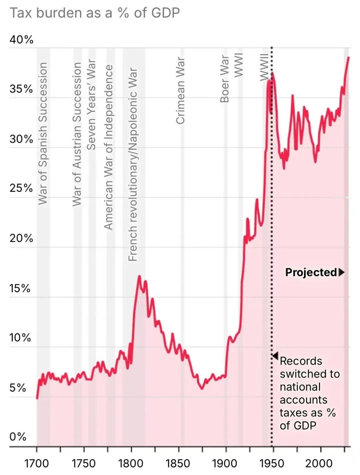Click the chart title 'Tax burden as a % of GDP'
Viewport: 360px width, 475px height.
[x=95, y=13]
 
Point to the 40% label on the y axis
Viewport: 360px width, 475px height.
[x=21, y=40]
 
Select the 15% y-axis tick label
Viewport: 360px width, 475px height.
[x=20, y=288]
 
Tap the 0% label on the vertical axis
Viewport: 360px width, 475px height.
[x=18, y=437]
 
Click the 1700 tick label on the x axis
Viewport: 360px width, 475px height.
[x=37, y=463]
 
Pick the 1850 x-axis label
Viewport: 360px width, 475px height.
[x=178, y=463]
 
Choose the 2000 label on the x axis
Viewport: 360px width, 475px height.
[x=320, y=463]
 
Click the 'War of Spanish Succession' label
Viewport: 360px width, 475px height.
[x=43, y=133]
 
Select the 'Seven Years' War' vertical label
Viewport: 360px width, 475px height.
[x=91, y=105]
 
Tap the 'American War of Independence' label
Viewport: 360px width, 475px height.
[x=109, y=147]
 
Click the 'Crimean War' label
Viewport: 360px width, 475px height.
[x=180, y=90]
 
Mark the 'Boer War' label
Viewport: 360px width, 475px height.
[x=225, y=79]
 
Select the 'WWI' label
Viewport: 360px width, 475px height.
[x=238, y=65]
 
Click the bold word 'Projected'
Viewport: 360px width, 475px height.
[x=311, y=272]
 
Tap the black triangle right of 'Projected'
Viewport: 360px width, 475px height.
[x=341, y=273]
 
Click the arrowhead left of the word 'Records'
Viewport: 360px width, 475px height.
[x=275, y=356]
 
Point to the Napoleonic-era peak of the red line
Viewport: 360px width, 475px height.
[x=139, y=276]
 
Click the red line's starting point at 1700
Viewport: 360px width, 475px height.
[x=37, y=398]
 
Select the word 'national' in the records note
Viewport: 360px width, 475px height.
[x=300, y=387]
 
